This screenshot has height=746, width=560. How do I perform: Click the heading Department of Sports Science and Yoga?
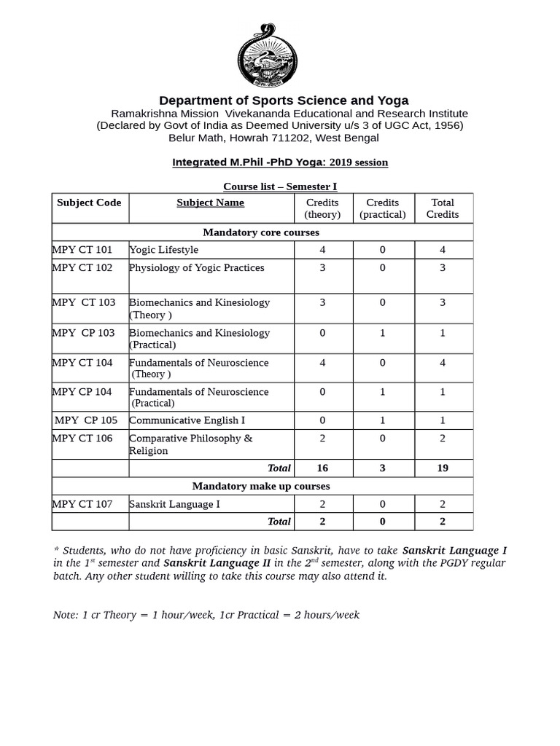284,101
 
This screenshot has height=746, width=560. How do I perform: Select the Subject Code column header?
89,203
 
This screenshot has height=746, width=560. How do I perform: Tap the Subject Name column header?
210,203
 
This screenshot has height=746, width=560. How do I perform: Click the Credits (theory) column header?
322,208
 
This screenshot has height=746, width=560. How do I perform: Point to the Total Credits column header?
443,208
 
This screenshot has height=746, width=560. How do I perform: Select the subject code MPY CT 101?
82,250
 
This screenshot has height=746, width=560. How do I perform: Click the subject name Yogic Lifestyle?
163,250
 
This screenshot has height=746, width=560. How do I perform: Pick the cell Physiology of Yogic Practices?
196,268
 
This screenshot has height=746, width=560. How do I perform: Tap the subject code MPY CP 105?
85,420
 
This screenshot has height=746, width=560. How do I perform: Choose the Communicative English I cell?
187,420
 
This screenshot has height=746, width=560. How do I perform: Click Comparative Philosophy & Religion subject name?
190,444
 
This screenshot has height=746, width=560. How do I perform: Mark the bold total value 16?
322,468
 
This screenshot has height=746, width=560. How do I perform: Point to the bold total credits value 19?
443,468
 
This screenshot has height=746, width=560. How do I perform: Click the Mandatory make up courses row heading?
261,486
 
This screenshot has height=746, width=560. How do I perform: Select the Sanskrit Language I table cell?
174,504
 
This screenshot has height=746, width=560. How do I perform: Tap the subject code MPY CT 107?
82,504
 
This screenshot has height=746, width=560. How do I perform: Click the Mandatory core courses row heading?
261,232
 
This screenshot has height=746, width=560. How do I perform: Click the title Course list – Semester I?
280,186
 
